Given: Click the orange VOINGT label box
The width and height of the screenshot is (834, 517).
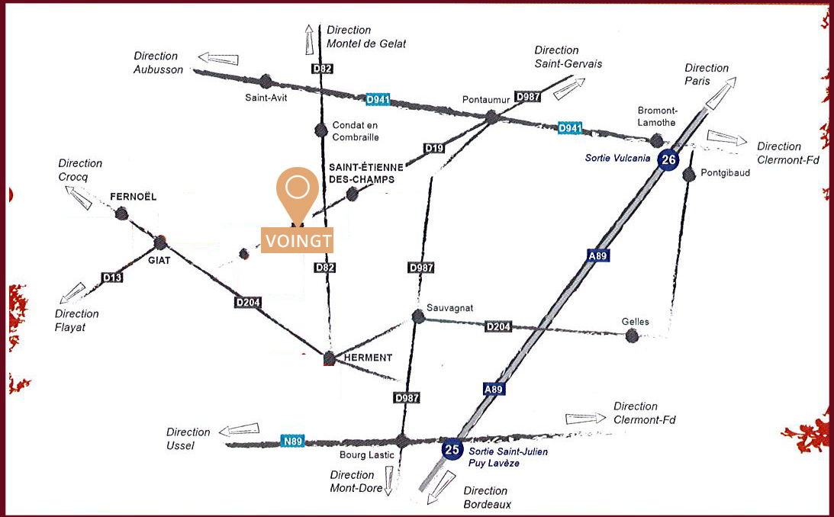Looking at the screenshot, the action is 297,240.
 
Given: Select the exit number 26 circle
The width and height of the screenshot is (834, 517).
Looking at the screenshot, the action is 668,159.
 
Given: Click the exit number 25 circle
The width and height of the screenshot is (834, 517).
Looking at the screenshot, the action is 452,450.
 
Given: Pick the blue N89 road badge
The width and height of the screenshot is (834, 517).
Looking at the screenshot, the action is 292,441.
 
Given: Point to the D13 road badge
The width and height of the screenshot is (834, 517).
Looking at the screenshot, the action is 112,277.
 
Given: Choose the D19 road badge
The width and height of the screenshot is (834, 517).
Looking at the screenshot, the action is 434,148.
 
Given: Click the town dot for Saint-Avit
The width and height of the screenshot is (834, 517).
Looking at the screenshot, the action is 266,82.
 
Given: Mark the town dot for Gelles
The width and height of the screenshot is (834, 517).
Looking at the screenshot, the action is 632,336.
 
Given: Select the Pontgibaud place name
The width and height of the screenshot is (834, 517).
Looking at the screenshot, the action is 726,172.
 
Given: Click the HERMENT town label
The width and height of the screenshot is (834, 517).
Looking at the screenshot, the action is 368,358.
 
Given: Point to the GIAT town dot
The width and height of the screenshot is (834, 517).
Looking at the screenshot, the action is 160,242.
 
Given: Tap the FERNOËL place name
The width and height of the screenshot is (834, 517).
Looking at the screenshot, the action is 133,197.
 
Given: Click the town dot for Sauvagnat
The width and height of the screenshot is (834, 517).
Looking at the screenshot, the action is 419,316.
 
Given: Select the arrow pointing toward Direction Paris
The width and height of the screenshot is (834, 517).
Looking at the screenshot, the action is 721,93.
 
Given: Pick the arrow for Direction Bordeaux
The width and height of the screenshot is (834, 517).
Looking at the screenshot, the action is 441,486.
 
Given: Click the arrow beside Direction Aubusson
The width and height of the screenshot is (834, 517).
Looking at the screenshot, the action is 218,58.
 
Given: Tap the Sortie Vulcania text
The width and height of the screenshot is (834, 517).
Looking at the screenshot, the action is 617,158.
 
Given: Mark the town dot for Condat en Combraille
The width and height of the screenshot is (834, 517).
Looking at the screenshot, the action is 320,130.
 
